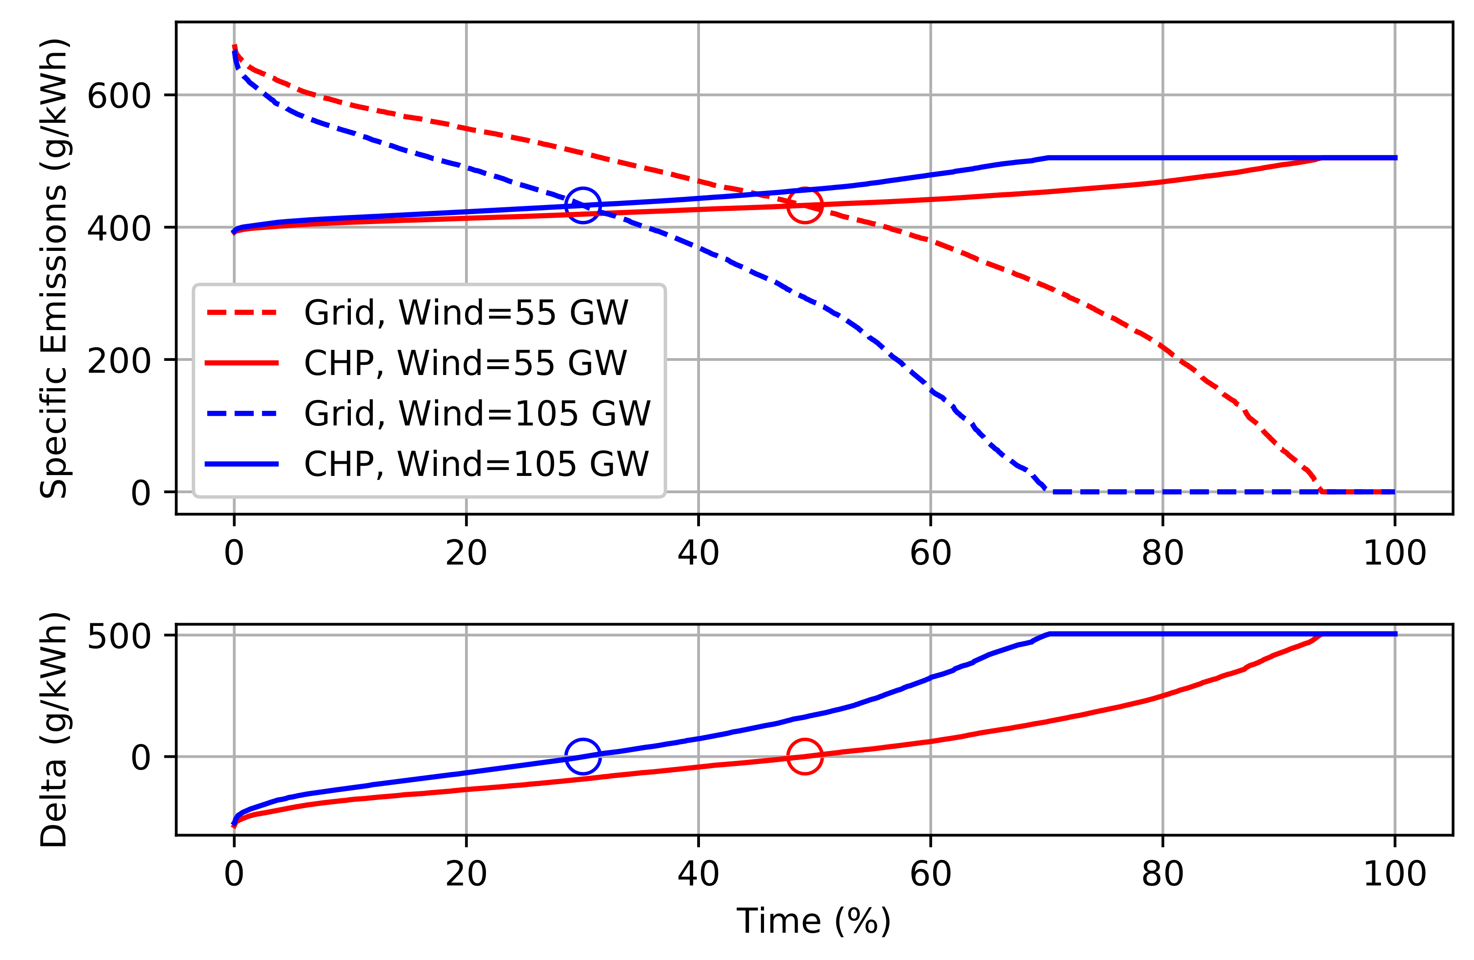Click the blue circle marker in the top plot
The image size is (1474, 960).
[x=582, y=205]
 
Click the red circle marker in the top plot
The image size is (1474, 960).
[x=804, y=205]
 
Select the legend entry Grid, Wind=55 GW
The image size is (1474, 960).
[x=466, y=312]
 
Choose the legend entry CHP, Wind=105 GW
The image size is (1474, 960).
[x=477, y=463]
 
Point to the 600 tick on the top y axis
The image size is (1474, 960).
[x=119, y=96]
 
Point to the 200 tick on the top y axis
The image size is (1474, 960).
[x=119, y=360]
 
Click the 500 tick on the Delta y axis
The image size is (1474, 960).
[x=119, y=636]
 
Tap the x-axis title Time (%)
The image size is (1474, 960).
[x=813, y=920]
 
